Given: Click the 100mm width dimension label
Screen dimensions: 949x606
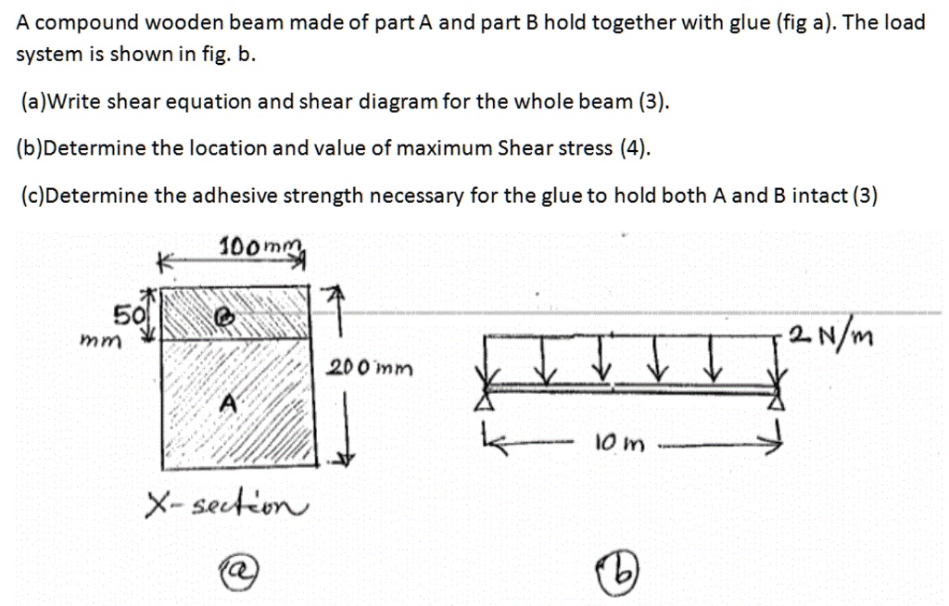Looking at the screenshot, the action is tap(260, 246).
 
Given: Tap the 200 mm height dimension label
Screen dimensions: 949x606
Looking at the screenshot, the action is tap(370, 368).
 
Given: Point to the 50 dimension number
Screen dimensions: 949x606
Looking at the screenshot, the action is tap(130, 315).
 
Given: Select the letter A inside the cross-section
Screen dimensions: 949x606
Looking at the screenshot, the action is tap(228, 402).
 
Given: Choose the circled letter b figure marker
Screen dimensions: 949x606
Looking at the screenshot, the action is tap(618, 570).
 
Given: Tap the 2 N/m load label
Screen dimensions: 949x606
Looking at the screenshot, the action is tap(831, 335).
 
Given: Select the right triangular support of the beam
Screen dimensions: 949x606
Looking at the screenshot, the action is tap(777, 401).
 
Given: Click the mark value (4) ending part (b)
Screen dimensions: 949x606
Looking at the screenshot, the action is tap(635, 148).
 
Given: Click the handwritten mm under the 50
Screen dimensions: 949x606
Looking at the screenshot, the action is tap(100, 341).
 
